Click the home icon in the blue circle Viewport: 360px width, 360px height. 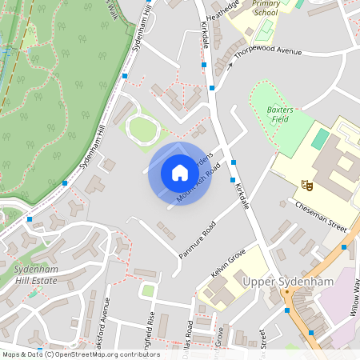pos(179,173)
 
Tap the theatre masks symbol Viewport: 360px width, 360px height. pos(306,185)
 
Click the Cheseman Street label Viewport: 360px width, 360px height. pos(319,216)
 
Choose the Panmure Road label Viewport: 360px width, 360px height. pos(198,239)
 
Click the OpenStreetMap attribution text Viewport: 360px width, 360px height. pos(80,354)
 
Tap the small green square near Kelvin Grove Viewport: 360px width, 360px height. pos(148,290)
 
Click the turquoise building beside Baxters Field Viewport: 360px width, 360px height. pos(320,139)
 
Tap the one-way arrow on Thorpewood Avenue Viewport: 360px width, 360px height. pos(228,66)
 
